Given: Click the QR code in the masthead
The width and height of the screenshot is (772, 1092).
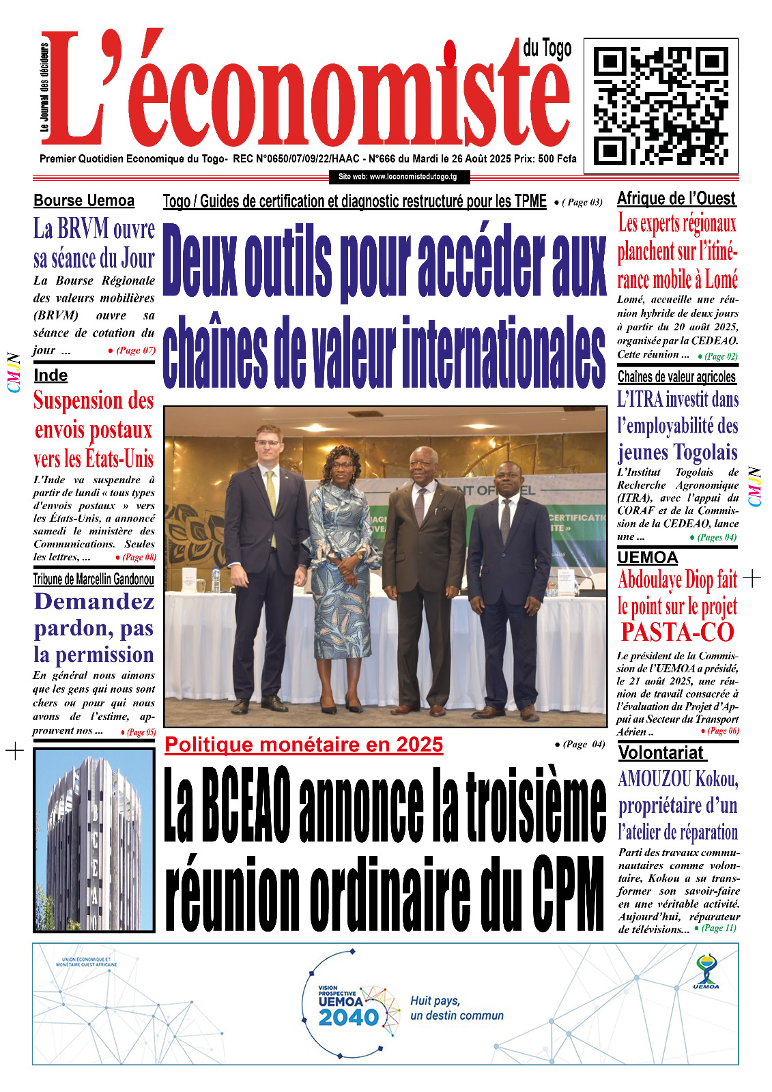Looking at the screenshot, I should coord(660,106).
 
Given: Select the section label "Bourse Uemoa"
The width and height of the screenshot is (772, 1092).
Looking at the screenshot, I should coord(84,201).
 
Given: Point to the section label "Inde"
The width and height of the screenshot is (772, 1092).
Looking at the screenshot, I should coord(51,375).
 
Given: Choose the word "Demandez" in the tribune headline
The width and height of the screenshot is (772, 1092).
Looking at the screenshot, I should coord(94,601).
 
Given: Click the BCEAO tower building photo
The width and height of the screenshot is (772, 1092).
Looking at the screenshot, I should coord(94,840).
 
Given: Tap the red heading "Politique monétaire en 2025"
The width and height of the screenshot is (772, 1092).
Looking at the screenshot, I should coord(304,745).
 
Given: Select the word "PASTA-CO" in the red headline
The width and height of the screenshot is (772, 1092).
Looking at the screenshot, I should coord(677,633).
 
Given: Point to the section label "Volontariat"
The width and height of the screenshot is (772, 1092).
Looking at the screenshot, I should coord(661,753).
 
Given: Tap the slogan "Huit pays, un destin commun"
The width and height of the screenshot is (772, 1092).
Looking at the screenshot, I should coord(457,1008).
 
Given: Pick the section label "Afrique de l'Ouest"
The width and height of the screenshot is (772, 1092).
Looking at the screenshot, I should coord(676,199).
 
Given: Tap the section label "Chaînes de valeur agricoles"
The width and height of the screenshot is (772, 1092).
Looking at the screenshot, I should coord(676,377).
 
